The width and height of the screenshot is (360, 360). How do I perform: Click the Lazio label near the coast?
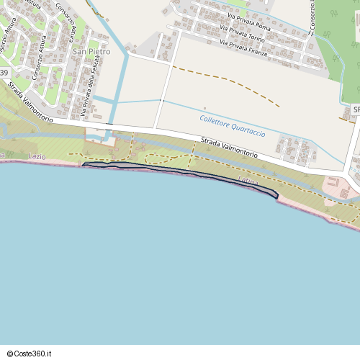pos(37,156)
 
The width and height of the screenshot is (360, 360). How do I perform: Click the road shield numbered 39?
pos(4,73)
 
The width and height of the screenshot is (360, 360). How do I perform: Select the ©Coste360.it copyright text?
pos(30,354)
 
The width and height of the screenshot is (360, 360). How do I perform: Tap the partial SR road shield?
pos(356,109)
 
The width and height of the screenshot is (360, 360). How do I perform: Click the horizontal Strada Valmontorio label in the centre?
pos(229,146)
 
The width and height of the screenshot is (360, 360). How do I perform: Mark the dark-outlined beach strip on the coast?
pos(180,172)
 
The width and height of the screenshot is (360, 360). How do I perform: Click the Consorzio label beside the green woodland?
pos(312,17)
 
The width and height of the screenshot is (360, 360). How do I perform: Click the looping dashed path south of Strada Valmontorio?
pos(169,158)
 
